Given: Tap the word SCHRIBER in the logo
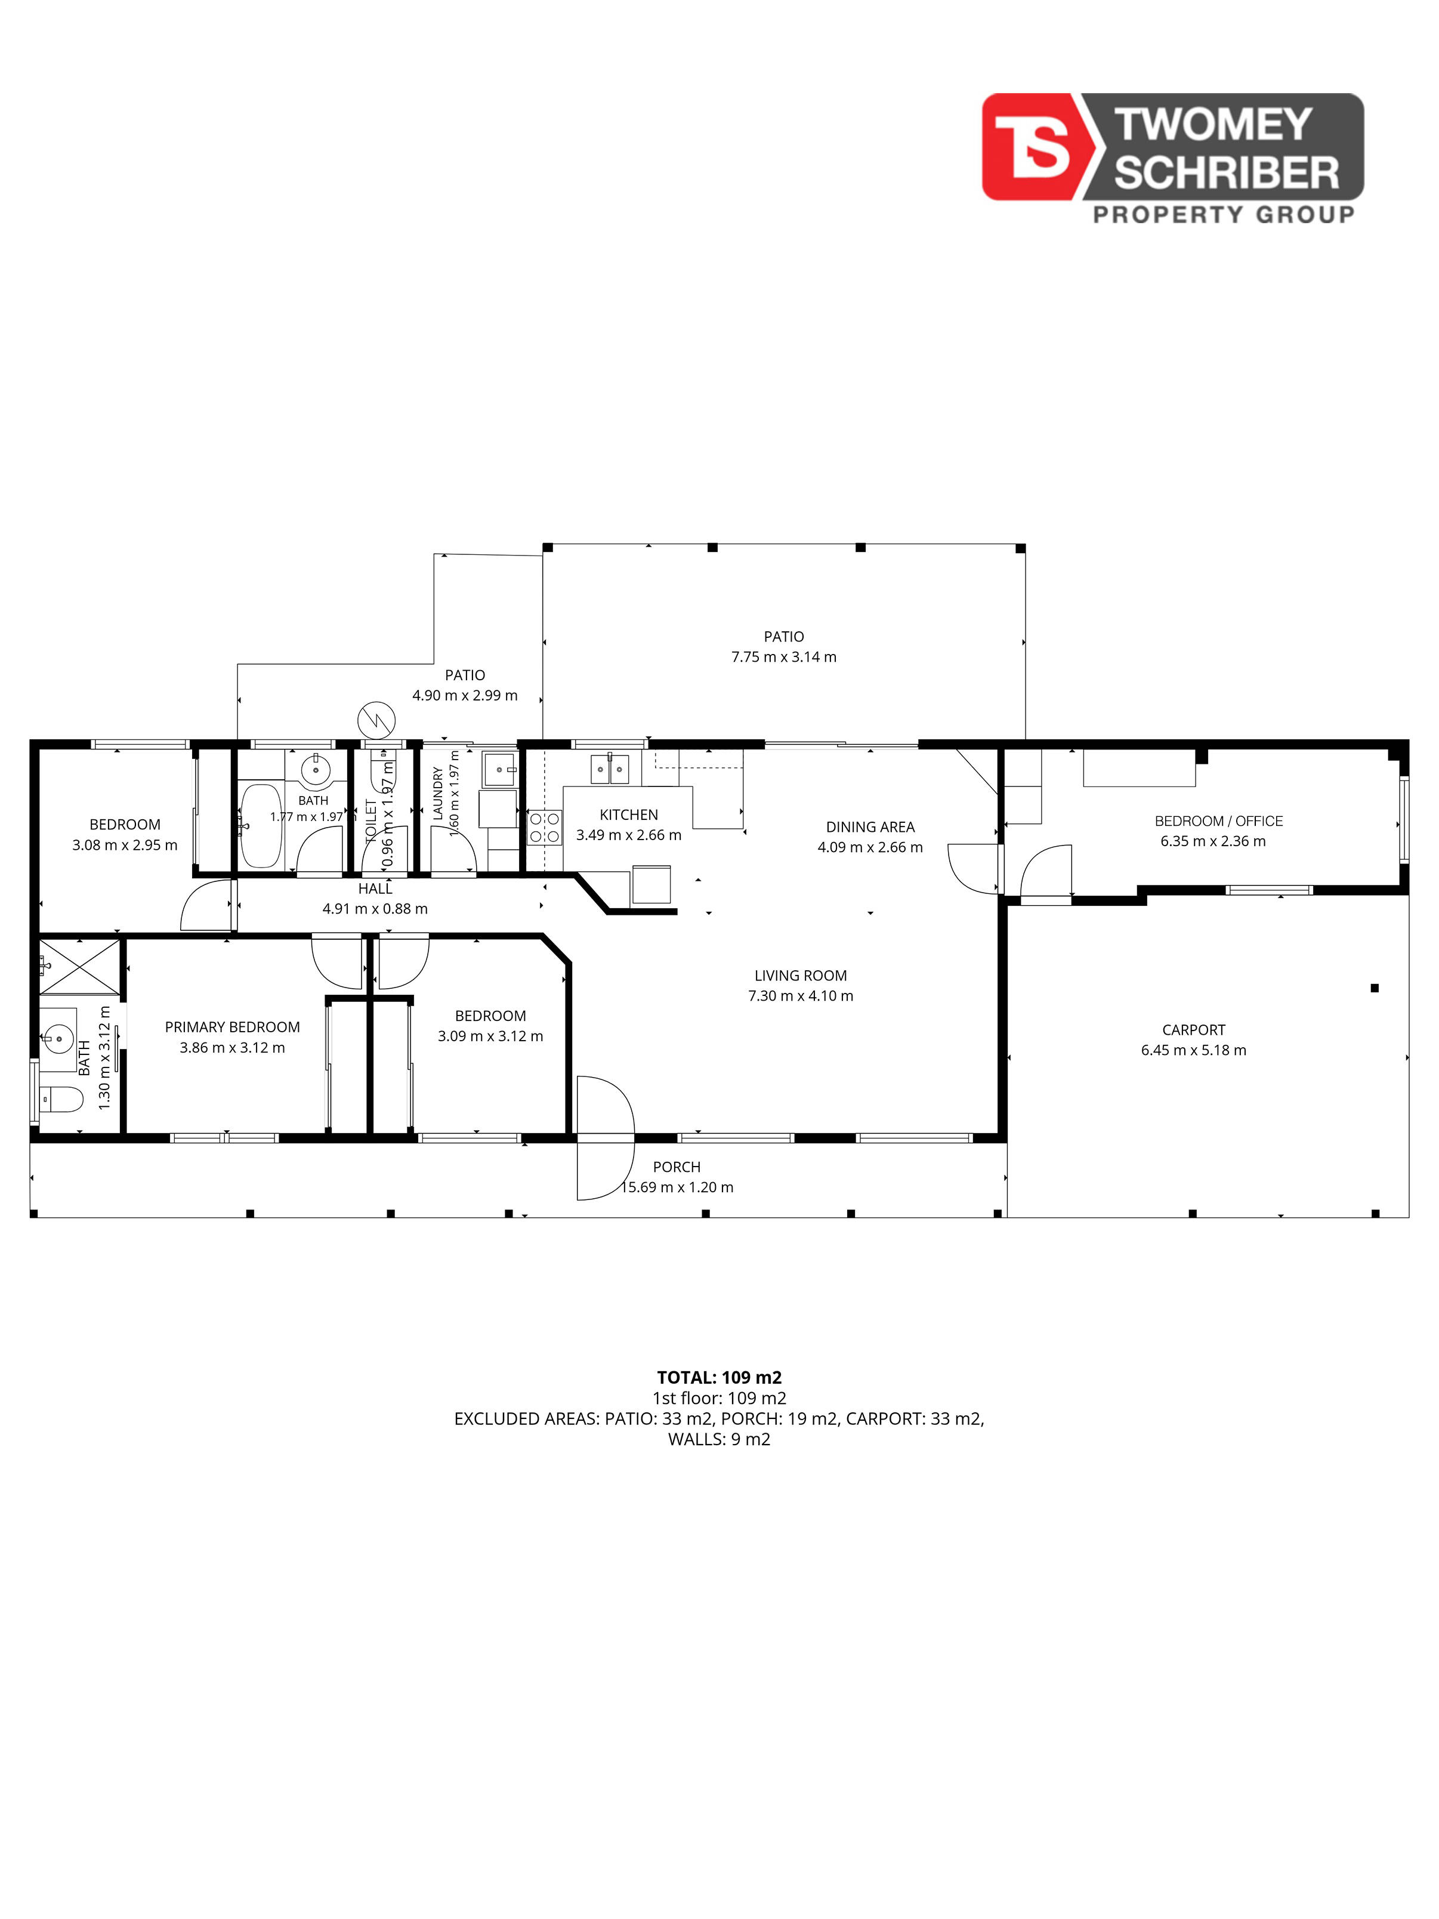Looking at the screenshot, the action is (x=1227, y=174).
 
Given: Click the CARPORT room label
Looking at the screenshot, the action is (x=1194, y=1030).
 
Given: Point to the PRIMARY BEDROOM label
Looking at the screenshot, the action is (x=233, y=1027).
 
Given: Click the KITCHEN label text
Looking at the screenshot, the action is (x=629, y=815).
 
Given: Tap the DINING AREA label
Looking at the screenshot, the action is (x=870, y=827).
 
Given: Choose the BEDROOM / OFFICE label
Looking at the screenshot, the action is (x=1219, y=820).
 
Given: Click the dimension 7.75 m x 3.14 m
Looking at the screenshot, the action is (x=784, y=657).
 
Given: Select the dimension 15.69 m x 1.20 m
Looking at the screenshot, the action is (x=677, y=1187).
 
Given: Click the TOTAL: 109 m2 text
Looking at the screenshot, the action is (x=719, y=1377).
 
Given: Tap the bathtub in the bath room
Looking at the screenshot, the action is (x=261, y=826).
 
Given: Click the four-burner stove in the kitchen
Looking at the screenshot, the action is (x=545, y=827).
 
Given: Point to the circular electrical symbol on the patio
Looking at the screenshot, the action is (x=376, y=719).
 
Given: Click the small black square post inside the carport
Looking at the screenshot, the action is (x=1375, y=988).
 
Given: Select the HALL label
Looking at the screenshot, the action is (x=376, y=888).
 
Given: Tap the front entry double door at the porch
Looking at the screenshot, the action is (x=606, y=1137).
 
